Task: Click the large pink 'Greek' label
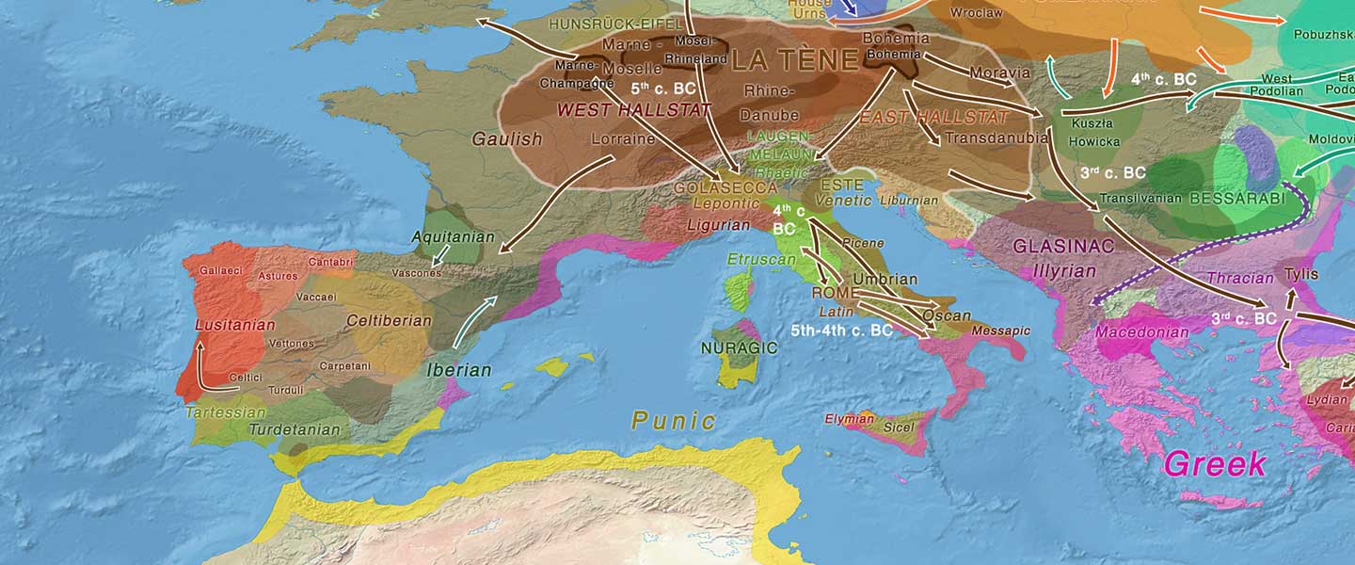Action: [x=1215, y=463]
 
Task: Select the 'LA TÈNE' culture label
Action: [x=795, y=61]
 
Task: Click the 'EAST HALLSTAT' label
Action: [x=933, y=118]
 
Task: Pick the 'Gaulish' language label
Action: [x=507, y=139]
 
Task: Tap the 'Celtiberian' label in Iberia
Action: [x=389, y=321]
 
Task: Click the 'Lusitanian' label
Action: [x=235, y=325]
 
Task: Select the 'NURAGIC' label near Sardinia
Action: [x=739, y=347]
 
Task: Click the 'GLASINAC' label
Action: [x=1062, y=247]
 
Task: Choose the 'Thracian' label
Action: [x=1239, y=279]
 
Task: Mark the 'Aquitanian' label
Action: [x=453, y=236]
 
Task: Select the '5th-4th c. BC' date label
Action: [x=841, y=331]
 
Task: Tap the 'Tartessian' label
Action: [x=226, y=412]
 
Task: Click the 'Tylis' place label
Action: [x=1301, y=275]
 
